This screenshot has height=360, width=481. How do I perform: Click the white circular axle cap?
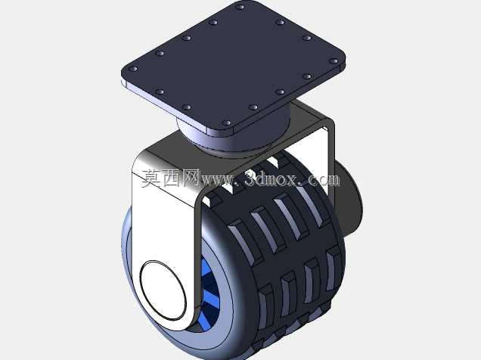coord(163,290)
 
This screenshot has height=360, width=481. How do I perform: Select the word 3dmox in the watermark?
coord(271,178)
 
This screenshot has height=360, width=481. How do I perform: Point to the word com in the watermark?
coord(324,180)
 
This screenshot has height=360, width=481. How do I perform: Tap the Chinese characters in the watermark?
coord(171,178)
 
